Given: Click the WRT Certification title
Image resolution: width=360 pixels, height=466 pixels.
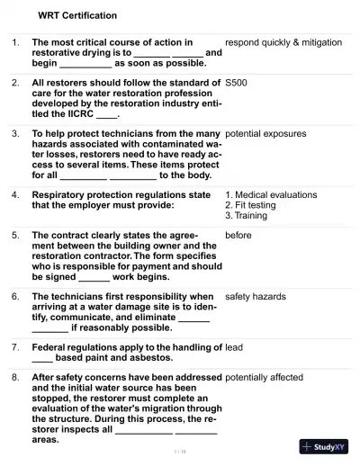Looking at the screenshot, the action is tap(77, 16).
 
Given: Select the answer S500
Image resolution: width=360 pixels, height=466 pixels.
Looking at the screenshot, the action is tap(236, 83).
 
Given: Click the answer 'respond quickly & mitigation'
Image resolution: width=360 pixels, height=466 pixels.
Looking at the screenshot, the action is tap(283, 42).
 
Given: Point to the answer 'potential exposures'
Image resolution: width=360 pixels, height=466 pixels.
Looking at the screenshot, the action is tap(265, 134).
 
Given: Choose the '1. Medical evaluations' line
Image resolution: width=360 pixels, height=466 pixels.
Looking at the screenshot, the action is tap(271, 194).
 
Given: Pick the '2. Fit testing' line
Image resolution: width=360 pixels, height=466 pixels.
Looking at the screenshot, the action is tap(251, 205).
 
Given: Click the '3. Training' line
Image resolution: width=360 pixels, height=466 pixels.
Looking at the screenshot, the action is tap(247, 216).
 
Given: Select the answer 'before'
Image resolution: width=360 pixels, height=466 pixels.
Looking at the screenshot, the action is tap(238, 235).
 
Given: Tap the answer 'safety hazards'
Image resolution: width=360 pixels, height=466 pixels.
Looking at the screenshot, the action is tap(256, 296).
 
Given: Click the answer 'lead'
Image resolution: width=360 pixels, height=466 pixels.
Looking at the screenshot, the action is tap(233, 346).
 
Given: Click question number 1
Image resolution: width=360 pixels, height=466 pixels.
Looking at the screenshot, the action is tap(15, 42).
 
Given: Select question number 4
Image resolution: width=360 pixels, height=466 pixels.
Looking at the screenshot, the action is tap(15, 194).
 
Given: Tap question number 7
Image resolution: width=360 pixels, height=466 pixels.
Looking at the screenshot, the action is tap(15, 346).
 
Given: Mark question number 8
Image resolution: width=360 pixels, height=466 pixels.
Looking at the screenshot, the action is tap(15, 378).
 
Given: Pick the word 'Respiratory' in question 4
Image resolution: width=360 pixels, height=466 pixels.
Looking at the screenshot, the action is tap(59, 194).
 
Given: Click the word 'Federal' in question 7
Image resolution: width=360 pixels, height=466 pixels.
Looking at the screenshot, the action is tap(51, 346).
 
